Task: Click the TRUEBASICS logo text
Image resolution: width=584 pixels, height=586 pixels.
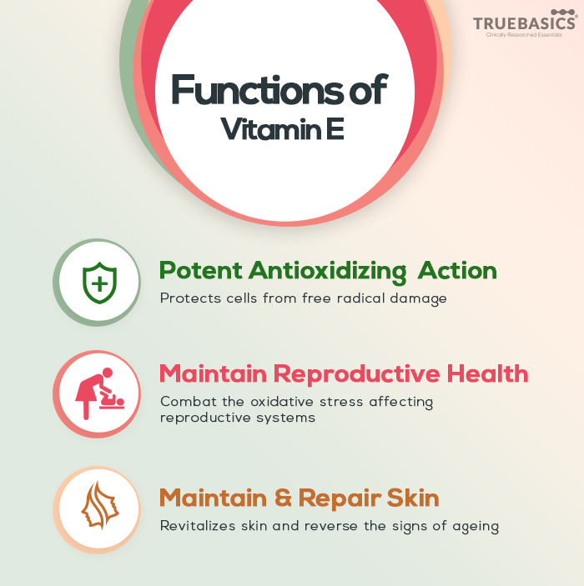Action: pyautogui.click(x=525, y=23)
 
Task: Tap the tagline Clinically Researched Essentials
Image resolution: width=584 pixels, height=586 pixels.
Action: pyautogui.click(x=524, y=35)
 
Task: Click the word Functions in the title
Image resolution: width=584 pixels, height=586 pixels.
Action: pyautogui.click(x=257, y=90)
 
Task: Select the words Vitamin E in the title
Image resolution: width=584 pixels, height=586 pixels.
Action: pyautogui.click(x=282, y=129)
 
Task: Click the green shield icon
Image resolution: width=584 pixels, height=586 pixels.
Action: pyautogui.click(x=99, y=283)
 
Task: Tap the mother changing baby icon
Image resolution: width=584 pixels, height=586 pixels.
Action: pyautogui.click(x=99, y=393)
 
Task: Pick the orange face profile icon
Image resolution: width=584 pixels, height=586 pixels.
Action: pyautogui.click(x=100, y=505)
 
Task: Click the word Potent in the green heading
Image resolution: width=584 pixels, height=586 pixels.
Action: pyautogui.click(x=200, y=270)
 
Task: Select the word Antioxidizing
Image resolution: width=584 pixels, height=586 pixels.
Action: pyautogui.click(x=327, y=272)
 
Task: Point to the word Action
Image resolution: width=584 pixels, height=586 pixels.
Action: pyautogui.click(x=457, y=270)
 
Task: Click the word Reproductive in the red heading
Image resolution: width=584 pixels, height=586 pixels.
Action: pyautogui.click(x=356, y=375)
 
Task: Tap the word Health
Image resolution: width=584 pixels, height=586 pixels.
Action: pyautogui.click(x=487, y=373)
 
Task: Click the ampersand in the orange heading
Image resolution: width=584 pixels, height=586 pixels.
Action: pyautogui.click(x=283, y=498)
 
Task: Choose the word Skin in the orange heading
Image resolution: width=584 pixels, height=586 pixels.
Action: pyautogui.click(x=413, y=498)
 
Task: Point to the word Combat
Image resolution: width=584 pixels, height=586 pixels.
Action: pyautogui.click(x=189, y=402)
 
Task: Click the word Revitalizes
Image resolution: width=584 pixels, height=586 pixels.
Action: pyautogui.click(x=198, y=526)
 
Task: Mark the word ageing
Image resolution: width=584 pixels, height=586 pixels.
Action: pyautogui.click(x=476, y=528)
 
